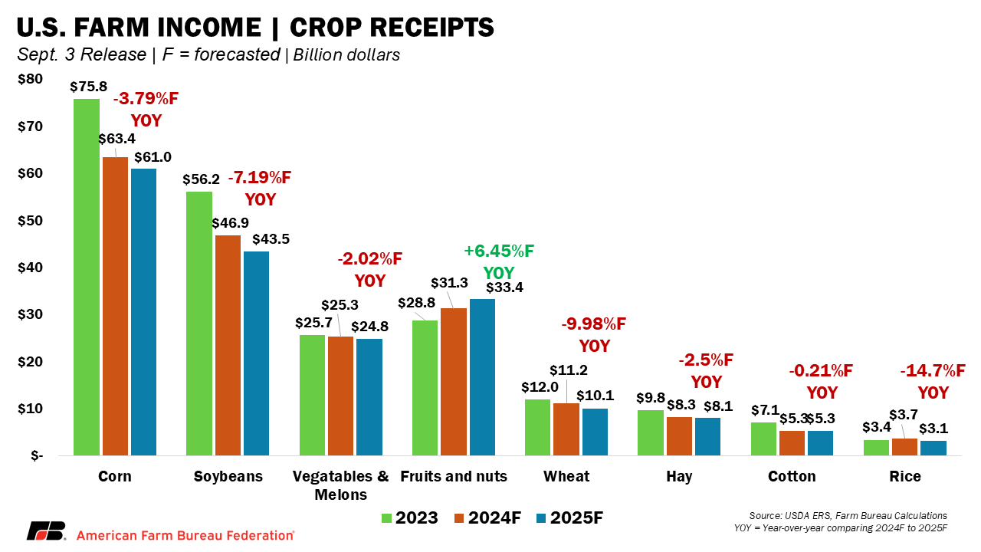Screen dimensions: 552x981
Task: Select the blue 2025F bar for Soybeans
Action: [256, 353]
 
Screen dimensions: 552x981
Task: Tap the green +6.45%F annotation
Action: [499, 251]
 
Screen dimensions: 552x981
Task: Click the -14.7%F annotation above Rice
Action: [933, 371]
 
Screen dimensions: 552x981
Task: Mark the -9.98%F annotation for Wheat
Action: [594, 324]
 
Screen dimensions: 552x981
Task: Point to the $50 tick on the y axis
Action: [31, 221]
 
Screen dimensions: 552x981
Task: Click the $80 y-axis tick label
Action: [31, 79]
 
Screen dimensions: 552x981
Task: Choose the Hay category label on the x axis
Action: [679, 476]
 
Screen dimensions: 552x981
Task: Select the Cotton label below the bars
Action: [792, 476]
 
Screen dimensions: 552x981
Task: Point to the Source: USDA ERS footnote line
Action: [847, 515]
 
